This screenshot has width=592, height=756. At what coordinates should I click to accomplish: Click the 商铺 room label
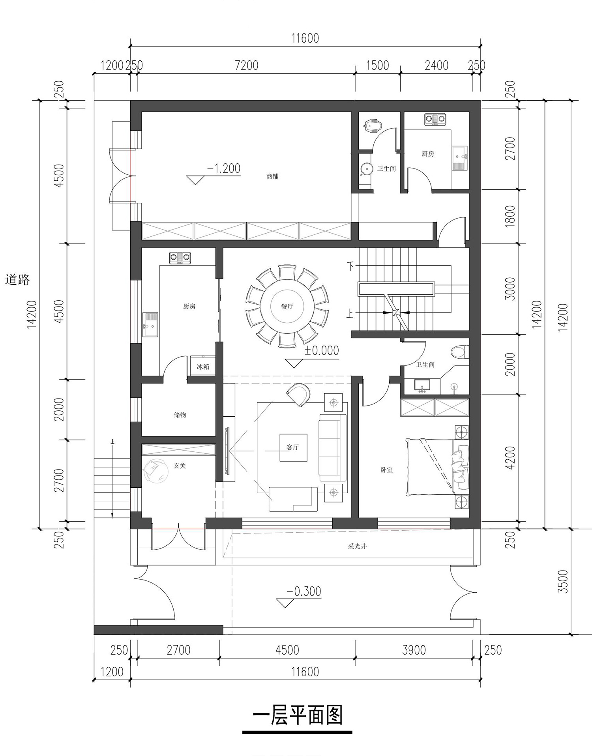(272, 176)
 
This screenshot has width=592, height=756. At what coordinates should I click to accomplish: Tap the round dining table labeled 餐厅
(287, 306)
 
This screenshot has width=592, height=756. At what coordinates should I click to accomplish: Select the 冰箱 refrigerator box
(203, 366)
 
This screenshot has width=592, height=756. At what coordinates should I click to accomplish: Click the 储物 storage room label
(180, 415)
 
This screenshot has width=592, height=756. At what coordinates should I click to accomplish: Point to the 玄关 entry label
(180, 466)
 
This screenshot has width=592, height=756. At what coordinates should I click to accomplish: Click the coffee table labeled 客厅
(293, 447)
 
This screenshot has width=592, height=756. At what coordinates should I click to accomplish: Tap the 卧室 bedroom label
(387, 470)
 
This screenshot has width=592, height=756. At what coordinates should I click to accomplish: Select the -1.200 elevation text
(224, 168)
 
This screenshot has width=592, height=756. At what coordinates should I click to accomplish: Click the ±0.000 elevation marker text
(322, 350)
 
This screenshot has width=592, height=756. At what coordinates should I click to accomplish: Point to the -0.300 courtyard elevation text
(304, 591)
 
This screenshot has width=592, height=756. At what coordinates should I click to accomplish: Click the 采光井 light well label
(358, 546)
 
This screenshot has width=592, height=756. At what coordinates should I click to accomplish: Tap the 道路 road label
(18, 280)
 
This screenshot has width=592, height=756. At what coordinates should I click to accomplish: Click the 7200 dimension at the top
(247, 65)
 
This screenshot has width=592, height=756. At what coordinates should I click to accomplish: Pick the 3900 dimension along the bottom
(414, 650)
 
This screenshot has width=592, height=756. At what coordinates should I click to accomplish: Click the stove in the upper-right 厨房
(435, 119)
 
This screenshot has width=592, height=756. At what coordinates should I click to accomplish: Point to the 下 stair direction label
(351, 266)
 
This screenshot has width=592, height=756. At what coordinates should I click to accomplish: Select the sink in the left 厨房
(150, 325)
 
